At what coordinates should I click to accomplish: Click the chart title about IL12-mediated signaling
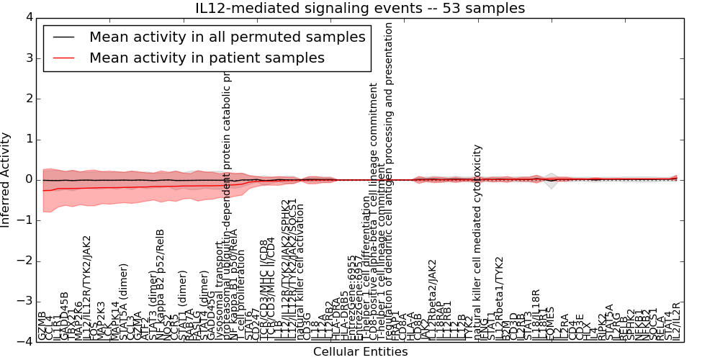360,9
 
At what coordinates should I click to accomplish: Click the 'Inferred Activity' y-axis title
6,179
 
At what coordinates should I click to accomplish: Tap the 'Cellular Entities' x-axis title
360,352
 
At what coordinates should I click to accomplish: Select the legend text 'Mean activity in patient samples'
207,58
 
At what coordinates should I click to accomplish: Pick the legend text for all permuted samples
227,37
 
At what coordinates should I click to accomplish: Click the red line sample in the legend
63,58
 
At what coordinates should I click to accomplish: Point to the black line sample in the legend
63,37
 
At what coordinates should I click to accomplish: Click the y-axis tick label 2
27,99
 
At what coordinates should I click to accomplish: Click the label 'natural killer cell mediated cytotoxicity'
477,241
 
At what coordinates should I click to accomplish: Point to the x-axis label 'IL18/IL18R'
535,315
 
